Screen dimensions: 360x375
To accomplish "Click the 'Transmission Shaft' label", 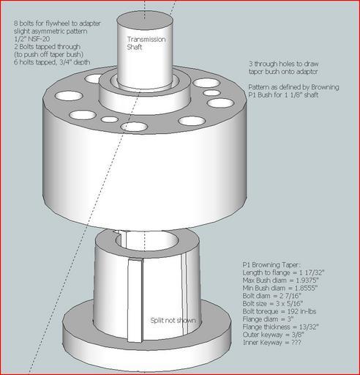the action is pos(146,43).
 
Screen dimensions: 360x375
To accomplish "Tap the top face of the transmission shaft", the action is pos(145,19).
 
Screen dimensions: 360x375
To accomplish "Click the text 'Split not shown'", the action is pos(173,320).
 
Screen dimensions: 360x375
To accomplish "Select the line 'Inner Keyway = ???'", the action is pos(271,343).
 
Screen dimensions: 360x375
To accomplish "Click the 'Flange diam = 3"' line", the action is pos(268,319).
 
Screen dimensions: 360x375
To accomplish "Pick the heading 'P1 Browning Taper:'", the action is pos(271,265).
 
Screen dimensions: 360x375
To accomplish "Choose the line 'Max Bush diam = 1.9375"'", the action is pos(280,281).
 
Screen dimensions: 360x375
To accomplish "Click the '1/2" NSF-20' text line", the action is pos(31,39).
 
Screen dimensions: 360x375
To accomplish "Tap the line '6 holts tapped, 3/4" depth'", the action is pos(52,62).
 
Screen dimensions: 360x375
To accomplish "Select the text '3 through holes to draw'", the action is pos(283,64).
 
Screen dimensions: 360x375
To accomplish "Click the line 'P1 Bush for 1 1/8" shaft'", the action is pos(283,94).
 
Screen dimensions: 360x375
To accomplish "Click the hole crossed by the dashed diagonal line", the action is pos(135,127).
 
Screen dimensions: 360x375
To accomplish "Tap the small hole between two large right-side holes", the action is pos(211,93).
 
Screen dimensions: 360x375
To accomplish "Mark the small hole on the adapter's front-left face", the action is pos(110,119).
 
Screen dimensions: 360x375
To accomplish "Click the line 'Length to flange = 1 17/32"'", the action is pos(283,272).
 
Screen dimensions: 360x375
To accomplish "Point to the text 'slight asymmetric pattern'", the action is pos(50,31).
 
